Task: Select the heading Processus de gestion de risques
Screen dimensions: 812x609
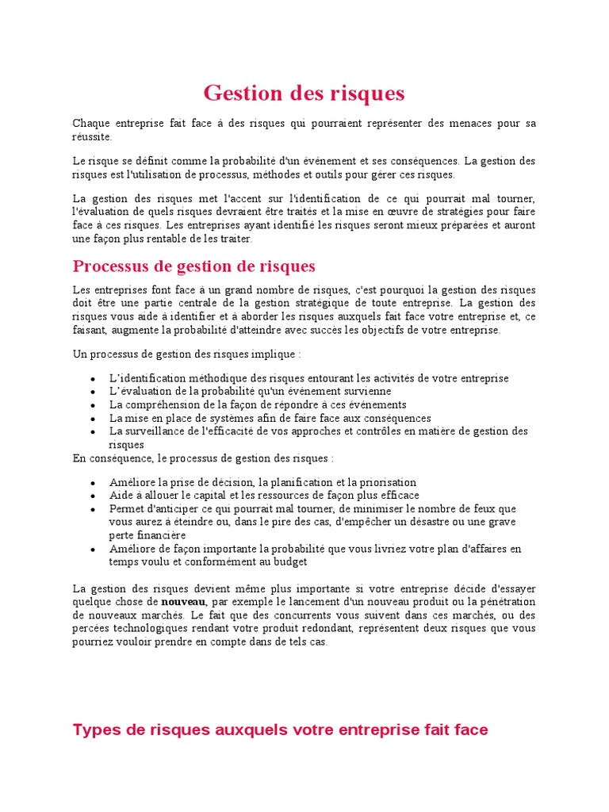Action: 193,266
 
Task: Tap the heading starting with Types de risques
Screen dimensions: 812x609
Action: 280,730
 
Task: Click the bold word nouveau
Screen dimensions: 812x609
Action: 184,601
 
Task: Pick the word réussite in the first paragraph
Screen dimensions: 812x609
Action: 92,136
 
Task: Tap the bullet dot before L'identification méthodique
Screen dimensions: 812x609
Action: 93,379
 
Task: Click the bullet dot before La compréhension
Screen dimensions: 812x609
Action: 93,405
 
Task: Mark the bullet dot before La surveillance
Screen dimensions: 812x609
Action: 93,432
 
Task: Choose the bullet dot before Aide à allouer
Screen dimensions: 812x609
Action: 93,496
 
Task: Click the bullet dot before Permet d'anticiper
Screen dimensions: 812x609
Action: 93,509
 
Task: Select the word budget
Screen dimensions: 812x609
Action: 291,561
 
